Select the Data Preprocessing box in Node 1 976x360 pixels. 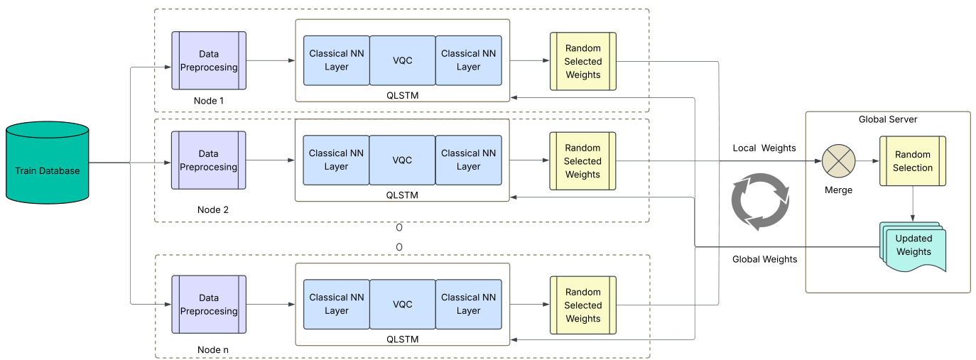[x=208, y=60]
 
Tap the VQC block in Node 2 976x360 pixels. [x=402, y=160]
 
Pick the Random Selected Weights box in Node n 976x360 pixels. [x=582, y=305]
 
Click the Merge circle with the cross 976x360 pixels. [x=839, y=160]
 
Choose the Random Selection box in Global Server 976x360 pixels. [x=913, y=161]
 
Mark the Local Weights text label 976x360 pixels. [x=764, y=148]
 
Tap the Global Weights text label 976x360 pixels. [x=764, y=259]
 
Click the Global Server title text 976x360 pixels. [x=888, y=119]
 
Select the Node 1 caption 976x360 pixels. [x=209, y=101]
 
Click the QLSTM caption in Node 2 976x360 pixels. [x=402, y=194]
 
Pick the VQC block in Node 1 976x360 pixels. [x=402, y=60]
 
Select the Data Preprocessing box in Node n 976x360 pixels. [x=208, y=305]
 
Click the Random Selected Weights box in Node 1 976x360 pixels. [x=582, y=61]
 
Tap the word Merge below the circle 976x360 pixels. [x=838, y=190]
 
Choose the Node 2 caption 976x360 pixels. [x=213, y=210]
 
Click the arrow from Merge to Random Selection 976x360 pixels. [x=867, y=161]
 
